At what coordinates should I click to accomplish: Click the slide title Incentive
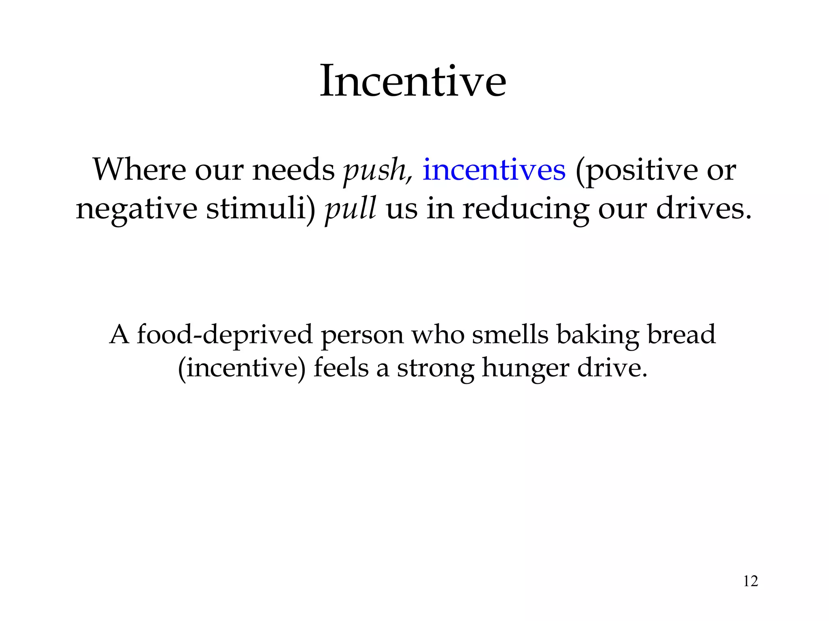pos(413,82)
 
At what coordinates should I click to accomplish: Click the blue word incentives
pos(494,170)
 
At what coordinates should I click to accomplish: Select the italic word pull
pos(351,209)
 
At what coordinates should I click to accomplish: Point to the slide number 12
pos(750,581)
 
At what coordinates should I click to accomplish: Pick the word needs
pos(293,170)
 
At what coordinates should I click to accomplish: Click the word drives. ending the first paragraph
pos(704,209)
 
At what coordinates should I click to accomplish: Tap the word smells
pos(510,335)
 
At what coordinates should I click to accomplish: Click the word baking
pos(597,336)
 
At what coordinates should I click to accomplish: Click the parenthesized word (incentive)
pos(242,369)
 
